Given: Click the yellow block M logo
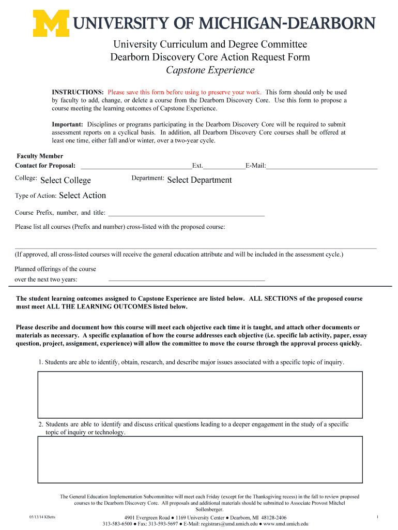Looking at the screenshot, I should pyautogui.click(x=51, y=23).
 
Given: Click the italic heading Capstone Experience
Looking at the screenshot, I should pyautogui.click(x=210, y=70).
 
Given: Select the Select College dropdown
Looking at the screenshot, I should pyautogui.click(x=66, y=180).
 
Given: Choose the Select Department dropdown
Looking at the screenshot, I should pyautogui.click(x=200, y=180).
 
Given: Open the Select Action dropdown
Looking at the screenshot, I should pyautogui.click(x=83, y=195).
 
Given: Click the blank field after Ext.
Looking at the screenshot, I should pyautogui.click(x=224, y=166).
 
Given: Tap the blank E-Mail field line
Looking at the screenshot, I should pyautogui.click(x=322, y=166).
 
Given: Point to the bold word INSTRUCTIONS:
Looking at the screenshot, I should pyautogui.click(x=78, y=92).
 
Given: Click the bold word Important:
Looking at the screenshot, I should pyautogui.click(x=67, y=125).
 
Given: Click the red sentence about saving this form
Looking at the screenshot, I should pyautogui.click(x=184, y=92).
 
